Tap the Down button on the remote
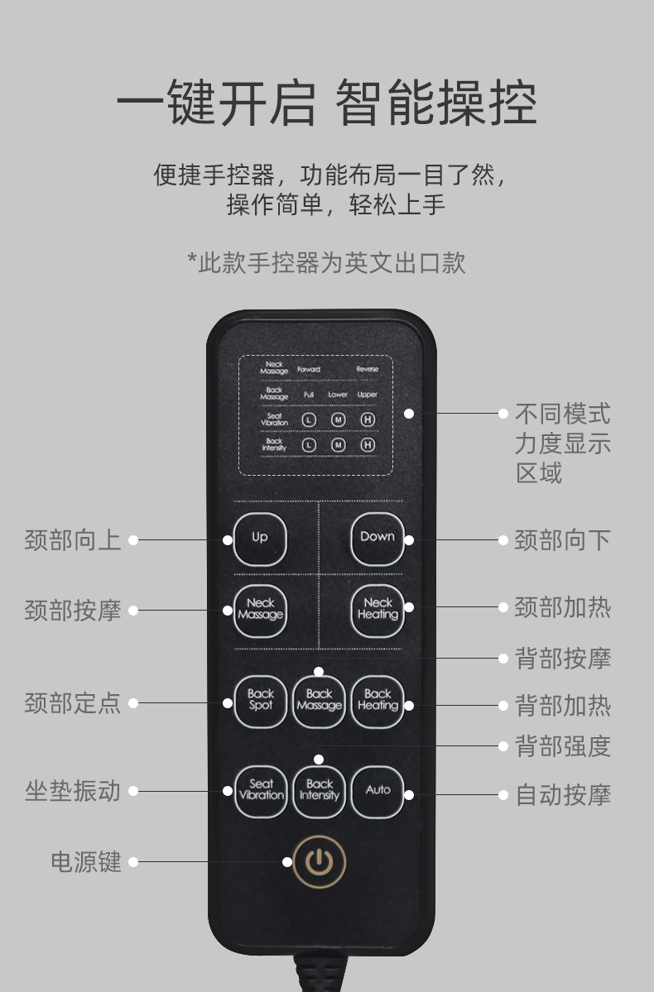pos(377,538)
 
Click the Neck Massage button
pos(260,610)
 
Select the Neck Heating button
pos(377,610)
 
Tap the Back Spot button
pos(260,701)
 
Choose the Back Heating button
pos(377,701)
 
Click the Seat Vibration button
pos(260,791)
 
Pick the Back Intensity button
pos(319,791)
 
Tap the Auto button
pos(377,791)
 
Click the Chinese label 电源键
pos(86,862)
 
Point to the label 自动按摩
pos(563,795)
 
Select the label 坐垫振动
pos(73,791)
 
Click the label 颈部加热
pos(563,607)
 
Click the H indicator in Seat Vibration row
pos(368,419)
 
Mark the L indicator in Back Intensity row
pos(309,444)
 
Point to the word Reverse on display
pos(367,369)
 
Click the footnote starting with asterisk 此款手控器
pos(326,262)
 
